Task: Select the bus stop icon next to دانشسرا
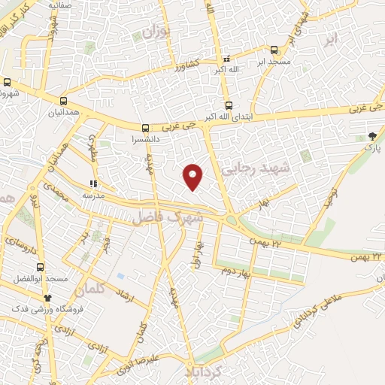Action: tap(145, 128)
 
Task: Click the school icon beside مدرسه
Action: tap(93, 183)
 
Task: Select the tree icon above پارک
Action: tap(372, 136)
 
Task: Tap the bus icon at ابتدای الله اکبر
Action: tap(229, 107)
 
